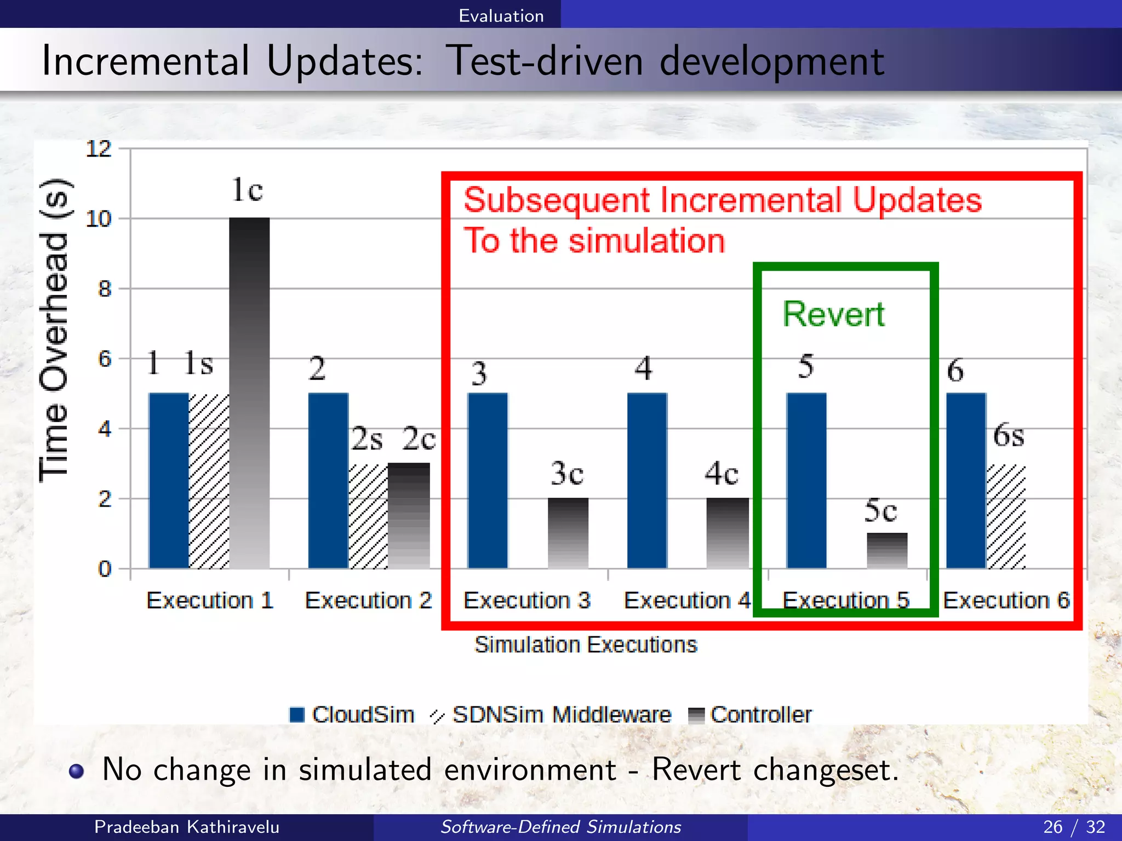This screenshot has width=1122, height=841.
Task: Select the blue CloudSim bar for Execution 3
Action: point(488,480)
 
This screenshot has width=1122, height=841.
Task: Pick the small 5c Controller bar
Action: point(887,550)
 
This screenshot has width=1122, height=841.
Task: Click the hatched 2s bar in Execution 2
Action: point(368,516)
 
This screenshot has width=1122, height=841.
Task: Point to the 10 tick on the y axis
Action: point(99,219)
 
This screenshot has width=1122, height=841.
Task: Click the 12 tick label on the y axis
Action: point(99,149)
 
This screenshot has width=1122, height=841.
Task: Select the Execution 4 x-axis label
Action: point(687,601)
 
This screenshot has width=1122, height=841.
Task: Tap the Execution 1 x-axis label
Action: point(210,601)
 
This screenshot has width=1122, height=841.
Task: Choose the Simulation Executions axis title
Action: point(586,644)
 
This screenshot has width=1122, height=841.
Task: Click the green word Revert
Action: point(833,314)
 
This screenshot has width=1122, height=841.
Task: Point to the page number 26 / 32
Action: point(1074,827)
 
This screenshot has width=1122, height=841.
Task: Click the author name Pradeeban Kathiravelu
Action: point(187,827)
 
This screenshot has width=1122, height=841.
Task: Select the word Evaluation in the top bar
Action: point(501,16)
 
